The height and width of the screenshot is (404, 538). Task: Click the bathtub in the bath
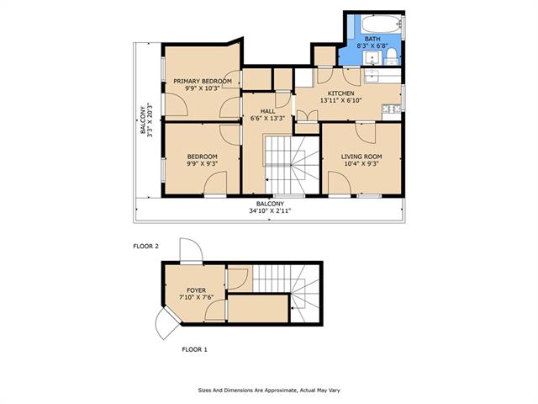click(381, 24)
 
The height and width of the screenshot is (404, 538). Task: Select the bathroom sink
click(372, 58)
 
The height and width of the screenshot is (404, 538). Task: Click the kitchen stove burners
click(391, 109)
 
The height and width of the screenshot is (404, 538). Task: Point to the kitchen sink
click(371, 76)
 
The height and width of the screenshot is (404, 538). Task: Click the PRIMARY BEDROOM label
click(203, 82)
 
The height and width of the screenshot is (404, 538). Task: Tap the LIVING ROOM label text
click(361, 157)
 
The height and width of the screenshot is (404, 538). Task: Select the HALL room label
click(267, 111)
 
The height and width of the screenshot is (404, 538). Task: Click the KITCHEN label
click(341, 93)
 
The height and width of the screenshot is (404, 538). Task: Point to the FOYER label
click(197, 290)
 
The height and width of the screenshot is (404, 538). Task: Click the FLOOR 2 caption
click(145, 247)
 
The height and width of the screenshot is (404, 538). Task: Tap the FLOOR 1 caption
click(194, 350)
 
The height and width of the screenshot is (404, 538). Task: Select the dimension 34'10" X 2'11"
click(270, 211)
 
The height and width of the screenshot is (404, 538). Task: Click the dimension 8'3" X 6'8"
click(372, 45)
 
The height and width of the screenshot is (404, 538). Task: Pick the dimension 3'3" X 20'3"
click(150, 120)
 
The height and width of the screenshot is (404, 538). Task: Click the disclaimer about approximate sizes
click(269, 391)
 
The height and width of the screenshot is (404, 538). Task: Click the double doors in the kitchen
click(307, 116)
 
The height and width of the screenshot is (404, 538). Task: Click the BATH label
click(372, 39)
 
